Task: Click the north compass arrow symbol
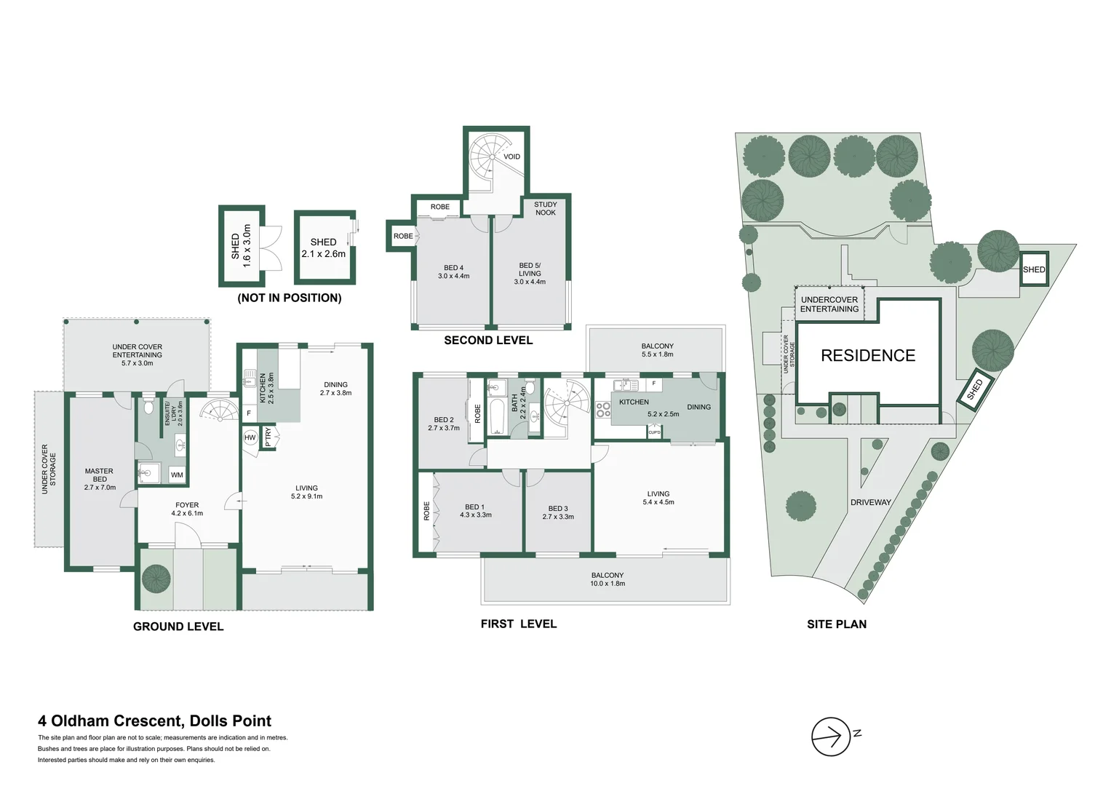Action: [831, 737]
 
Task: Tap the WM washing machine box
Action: [177, 475]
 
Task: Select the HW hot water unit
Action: [250, 437]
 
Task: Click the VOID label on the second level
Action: [511, 156]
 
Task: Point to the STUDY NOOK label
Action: [545, 209]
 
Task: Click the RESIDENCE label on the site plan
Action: [868, 356]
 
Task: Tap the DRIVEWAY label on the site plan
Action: [870, 502]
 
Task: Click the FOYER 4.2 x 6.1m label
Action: [187, 509]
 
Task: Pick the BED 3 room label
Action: [558, 512]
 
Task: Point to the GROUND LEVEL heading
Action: [178, 627]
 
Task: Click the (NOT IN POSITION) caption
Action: [290, 298]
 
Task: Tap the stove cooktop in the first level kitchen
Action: [603, 409]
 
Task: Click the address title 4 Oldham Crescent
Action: [154, 721]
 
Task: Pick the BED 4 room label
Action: [453, 271]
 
